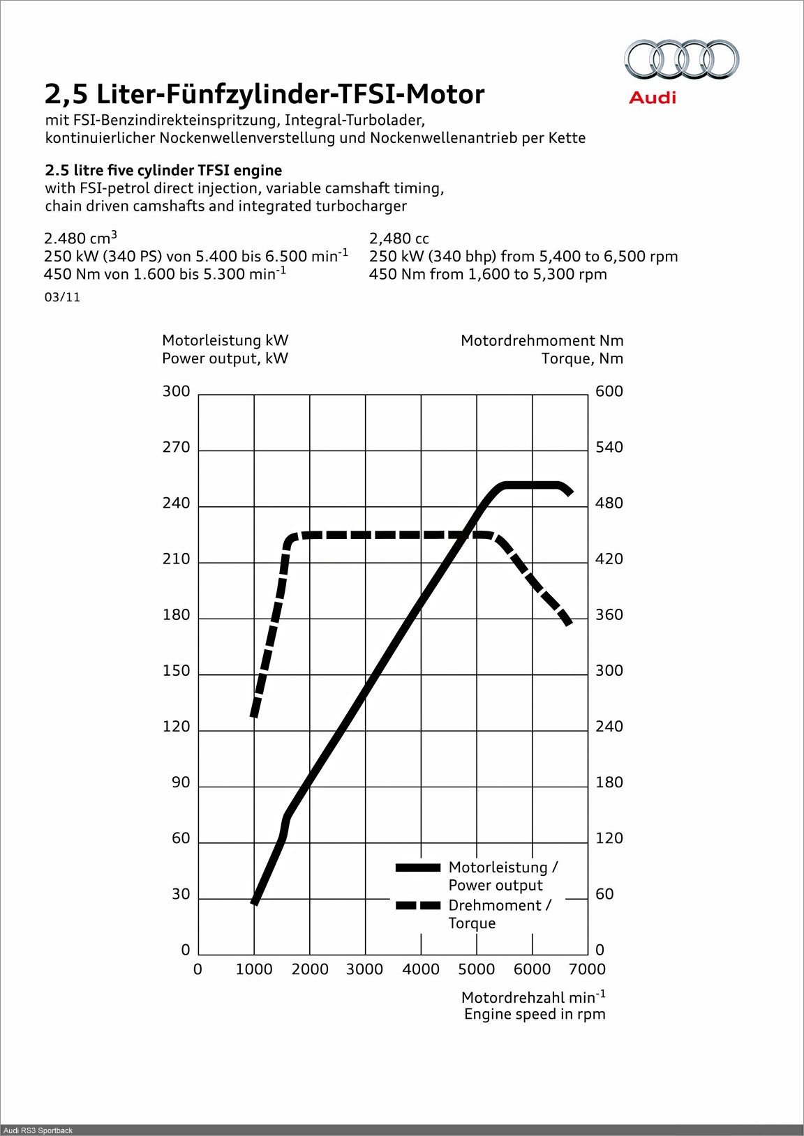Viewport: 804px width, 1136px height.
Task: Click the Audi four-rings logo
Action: coord(681,59)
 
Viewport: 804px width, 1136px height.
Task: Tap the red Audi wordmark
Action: coord(653,97)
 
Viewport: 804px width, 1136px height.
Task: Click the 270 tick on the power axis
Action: coord(176,448)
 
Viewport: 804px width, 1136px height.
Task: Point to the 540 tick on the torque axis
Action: coord(609,448)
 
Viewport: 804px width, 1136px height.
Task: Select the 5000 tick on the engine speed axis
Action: coord(476,969)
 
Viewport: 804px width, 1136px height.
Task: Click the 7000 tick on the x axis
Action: coord(587,969)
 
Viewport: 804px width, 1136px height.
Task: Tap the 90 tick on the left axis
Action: coord(181,782)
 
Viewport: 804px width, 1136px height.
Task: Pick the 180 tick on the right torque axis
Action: coord(609,782)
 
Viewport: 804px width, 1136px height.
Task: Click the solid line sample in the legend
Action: coord(418,868)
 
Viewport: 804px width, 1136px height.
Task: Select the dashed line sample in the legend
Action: coord(418,906)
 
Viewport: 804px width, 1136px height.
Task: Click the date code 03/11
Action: coord(62,297)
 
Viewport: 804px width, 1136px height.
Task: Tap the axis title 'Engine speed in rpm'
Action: coord(535,1014)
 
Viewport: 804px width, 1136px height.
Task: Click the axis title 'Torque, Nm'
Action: coord(582,358)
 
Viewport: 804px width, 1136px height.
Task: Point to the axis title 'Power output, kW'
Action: coord(225,358)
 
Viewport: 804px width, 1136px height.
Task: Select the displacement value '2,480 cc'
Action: coord(399,238)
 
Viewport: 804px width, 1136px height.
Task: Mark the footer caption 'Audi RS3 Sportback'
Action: coord(38,1130)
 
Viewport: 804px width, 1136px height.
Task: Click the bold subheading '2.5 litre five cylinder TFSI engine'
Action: coord(163,170)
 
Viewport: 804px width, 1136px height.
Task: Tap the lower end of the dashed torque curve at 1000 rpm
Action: coord(255,715)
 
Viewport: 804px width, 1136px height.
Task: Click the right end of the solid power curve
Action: coord(570,492)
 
